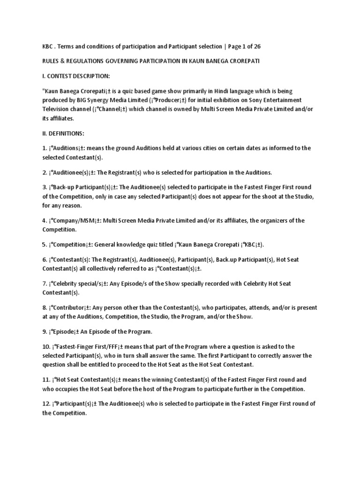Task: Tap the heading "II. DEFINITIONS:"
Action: [x=63, y=133]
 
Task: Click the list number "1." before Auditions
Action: [x=45, y=148]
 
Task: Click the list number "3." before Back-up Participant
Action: [x=45, y=187]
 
